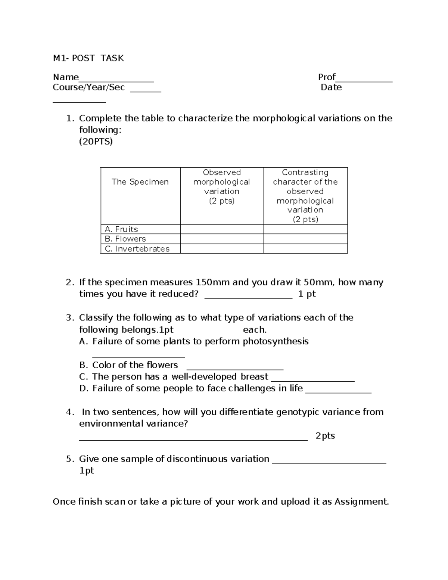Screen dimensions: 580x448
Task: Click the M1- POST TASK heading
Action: coord(88,58)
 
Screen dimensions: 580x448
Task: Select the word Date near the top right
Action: coord(331,87)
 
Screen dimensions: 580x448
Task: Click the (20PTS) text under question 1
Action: coord(96,142)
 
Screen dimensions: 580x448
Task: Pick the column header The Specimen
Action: coord(140,182)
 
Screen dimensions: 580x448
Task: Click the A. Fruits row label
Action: coord(122,229)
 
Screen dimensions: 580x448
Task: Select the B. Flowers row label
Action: coord(125,239)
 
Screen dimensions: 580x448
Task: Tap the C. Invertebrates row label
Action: coord(137,249)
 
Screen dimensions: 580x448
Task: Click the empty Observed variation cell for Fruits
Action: coord(222,229)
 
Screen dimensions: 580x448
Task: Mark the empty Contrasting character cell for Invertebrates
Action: coord(305,249)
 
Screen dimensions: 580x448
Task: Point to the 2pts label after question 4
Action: coord(325,436)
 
